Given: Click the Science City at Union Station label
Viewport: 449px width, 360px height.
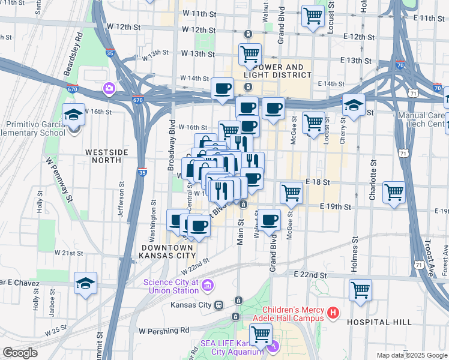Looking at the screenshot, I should tap(170, 286).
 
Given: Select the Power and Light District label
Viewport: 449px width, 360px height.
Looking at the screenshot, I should tap(277, 71).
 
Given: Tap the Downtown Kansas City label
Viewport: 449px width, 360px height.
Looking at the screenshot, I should tap(167, 252).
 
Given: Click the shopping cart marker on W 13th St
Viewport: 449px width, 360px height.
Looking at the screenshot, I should tap(250, 54).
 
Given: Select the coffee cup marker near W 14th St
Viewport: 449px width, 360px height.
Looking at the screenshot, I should tap(223, 88).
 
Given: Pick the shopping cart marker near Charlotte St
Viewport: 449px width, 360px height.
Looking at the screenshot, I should tap(394, 192).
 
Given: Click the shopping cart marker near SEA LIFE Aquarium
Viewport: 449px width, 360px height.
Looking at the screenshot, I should tap(261, 334).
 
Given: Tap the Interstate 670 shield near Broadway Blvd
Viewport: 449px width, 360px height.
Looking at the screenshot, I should tap(138, 100).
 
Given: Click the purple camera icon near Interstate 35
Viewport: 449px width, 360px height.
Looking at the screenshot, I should tap(109, 89).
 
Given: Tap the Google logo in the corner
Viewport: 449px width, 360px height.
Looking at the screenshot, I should tap(19, 353).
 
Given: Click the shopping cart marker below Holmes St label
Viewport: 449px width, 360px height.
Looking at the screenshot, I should tap(360, 290).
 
